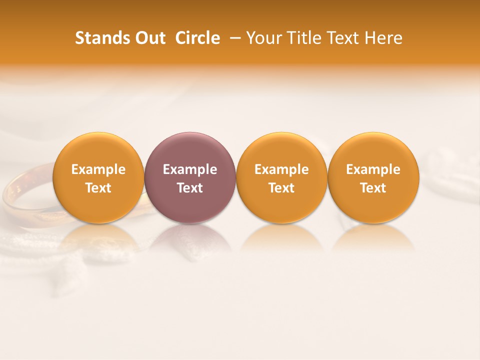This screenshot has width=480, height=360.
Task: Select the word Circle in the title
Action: click(197, 38)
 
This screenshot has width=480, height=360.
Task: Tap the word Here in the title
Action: click(383, 38)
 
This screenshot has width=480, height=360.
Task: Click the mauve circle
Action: click(190, 177)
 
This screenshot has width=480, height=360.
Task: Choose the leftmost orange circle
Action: click(98, 177)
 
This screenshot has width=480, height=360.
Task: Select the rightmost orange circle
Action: click(373, 177)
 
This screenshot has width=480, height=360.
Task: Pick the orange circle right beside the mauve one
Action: click(281, 177)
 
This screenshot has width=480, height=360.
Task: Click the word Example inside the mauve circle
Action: click(190, 169)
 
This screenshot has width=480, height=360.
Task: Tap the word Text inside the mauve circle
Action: click(190, 188)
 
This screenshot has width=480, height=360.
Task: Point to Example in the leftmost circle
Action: click(98, 169)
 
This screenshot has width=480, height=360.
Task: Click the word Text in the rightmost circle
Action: click(373, 188)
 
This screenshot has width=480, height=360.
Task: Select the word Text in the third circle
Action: click(281, 188)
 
